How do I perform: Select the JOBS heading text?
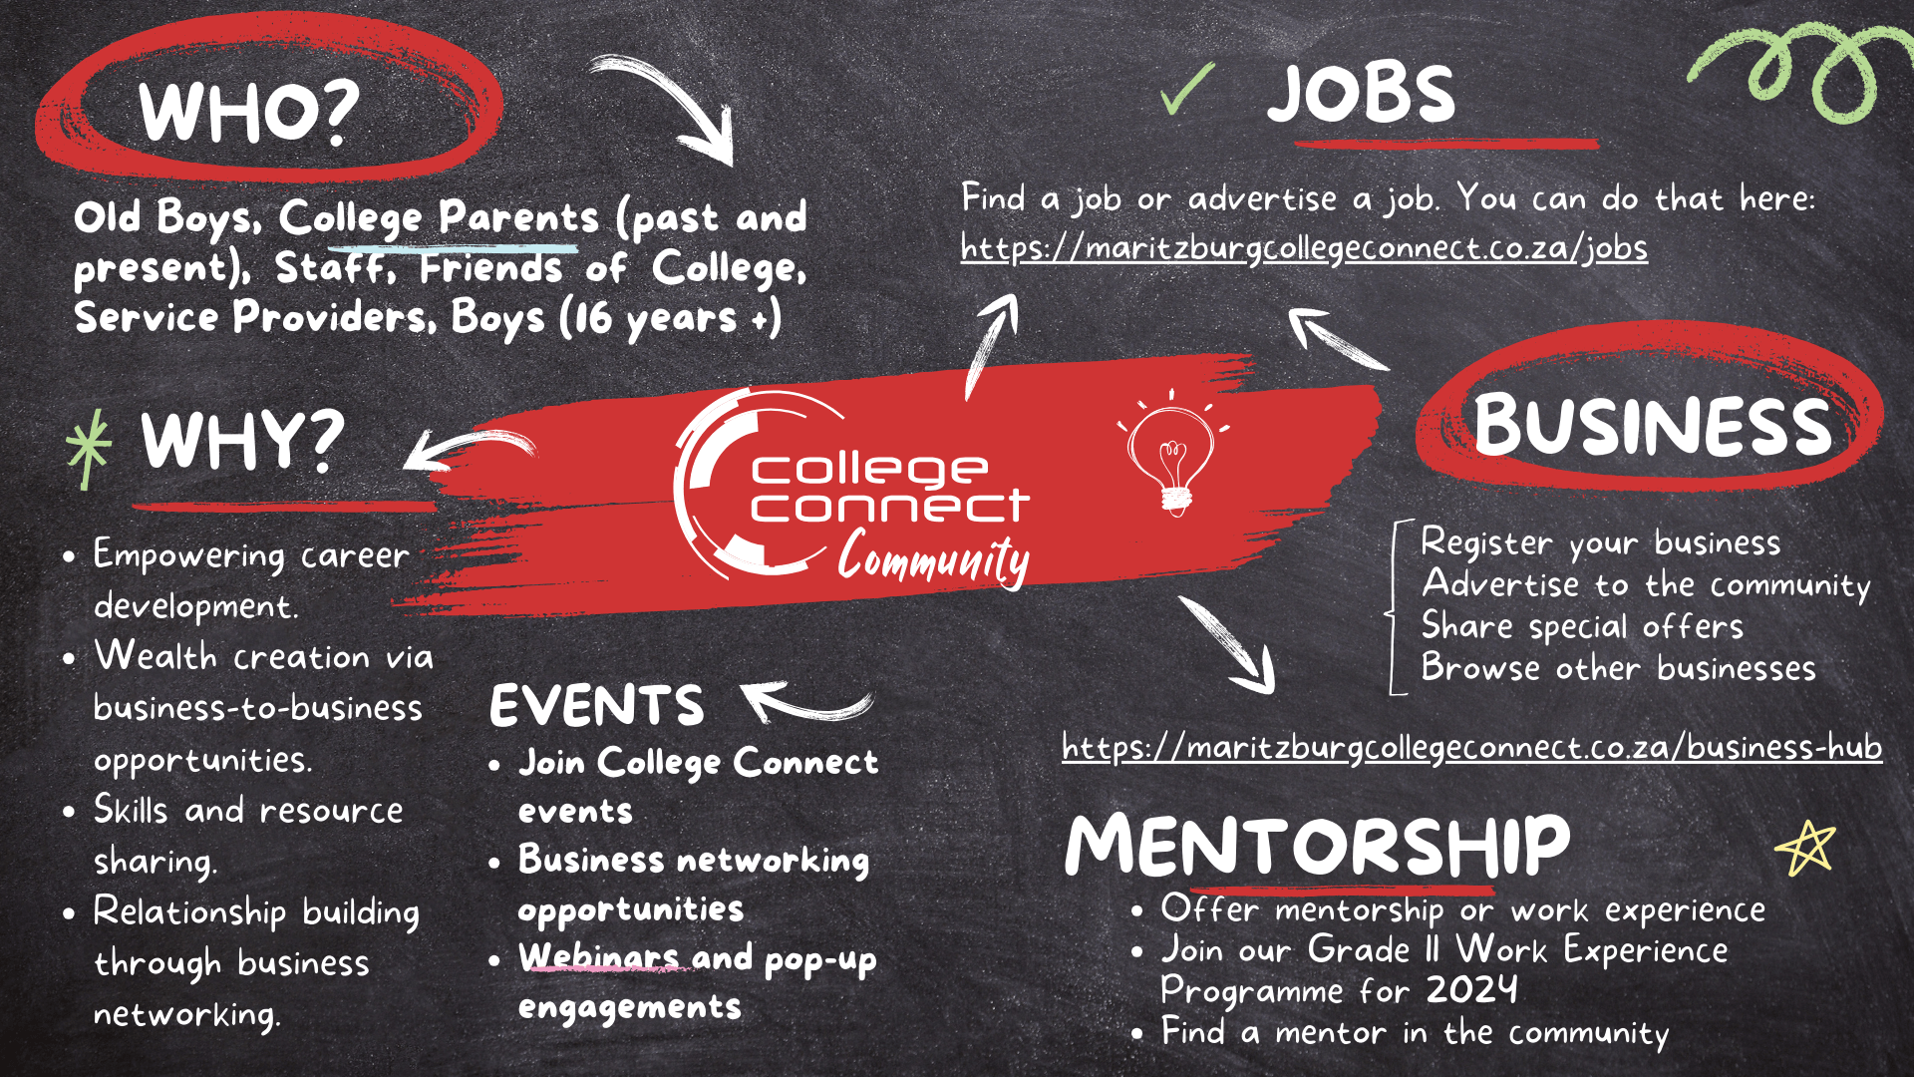coord(1361,95)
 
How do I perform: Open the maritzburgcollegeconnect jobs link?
coord(1304,247)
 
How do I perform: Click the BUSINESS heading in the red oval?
coord(1652,425)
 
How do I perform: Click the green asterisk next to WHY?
coord(89,448)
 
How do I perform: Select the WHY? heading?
coord(242,441)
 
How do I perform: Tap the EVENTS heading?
coord(596,706)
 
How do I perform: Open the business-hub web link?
coord(1471,747)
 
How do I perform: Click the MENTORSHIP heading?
coord(1317,846)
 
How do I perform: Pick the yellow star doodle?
coord(1805,848)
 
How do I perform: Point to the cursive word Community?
coord(933,558)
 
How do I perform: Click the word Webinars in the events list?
coord(599,957)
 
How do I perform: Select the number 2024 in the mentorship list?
coord(1471,990)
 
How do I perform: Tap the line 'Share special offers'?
coord(1582,626)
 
